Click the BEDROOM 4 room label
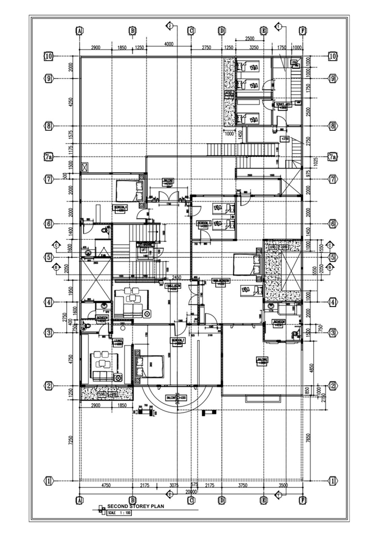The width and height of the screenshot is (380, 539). pyautogui.click(x=120, y=207)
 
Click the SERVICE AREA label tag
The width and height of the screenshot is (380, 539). pyautogui.click(x=283, y=104)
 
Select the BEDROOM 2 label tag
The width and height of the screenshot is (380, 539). pyautogui.click(x=178, y=341)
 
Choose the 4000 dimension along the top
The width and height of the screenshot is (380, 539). pyautogui.click(x=168, y=44)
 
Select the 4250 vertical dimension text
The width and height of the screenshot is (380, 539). pyautogui.click(x=71, y=102)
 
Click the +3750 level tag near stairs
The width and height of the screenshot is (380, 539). pyautogui.click(x=285, y=138)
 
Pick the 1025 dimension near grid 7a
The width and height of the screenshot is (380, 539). pyautogui.click(x=314, y=161)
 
